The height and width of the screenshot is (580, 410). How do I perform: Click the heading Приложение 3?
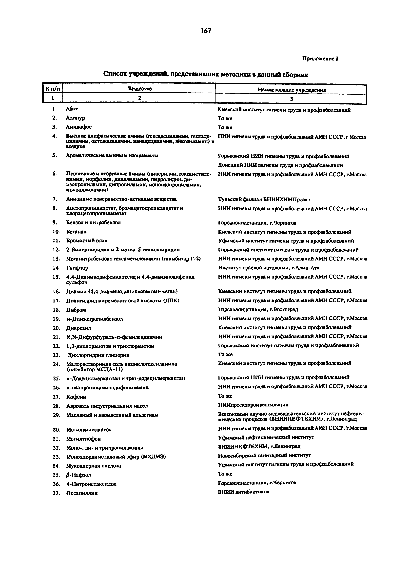[320, 59]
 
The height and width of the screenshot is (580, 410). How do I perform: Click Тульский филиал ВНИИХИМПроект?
[264, 200]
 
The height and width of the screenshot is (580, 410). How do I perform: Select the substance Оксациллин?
[82, 493]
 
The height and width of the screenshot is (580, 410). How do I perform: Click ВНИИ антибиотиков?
[244, 492]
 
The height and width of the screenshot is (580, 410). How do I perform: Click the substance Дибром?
[76, 310]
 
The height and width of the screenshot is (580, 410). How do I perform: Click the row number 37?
[56, 493]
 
